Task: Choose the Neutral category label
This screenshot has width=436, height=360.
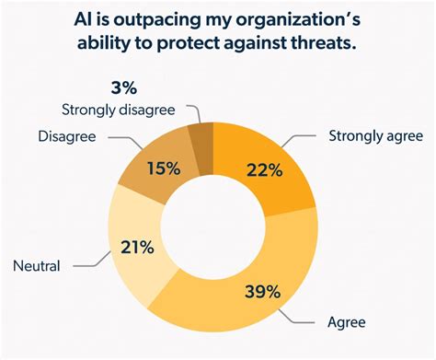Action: pyautogui.click(x=36, y=266)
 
